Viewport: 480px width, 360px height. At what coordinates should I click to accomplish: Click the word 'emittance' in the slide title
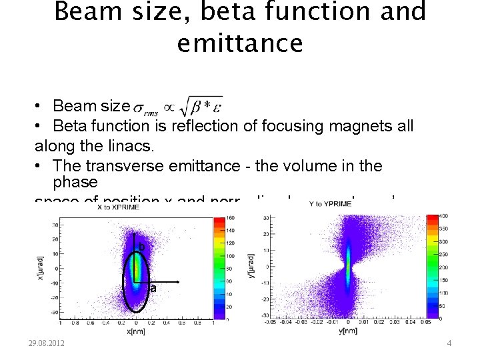(240, 43)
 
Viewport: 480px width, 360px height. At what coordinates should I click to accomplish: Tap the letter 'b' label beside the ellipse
(141, 247)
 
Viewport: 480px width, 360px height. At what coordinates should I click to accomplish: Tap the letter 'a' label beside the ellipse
(153, 289)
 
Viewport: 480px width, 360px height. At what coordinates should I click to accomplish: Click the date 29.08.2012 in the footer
(47, 343)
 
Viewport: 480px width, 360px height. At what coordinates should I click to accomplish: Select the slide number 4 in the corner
(449, 343)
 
